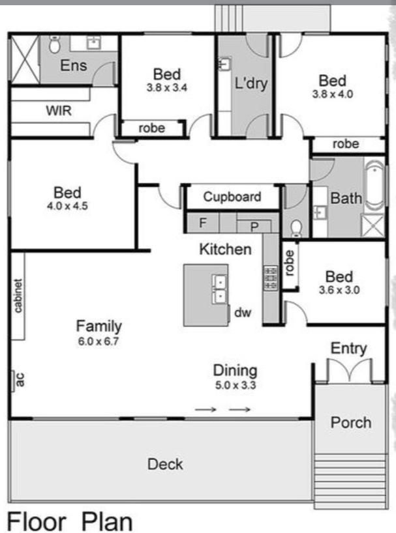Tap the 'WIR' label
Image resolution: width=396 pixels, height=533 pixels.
tap(58, 111)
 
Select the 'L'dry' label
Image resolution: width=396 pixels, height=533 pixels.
tap(251, 84)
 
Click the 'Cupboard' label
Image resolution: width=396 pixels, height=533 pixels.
tap(232, 197)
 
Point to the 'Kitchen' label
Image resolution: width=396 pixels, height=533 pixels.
tap(225, 249)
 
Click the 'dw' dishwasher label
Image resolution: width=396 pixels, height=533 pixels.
tap(243, 313)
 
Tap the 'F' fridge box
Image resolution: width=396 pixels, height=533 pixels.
tap(203, 223)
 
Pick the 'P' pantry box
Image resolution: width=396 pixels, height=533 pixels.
tap(254, 226)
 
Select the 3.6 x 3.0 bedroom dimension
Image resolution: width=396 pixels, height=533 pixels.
tap(339, 290)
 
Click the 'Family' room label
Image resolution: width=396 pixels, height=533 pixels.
tap(99, 326)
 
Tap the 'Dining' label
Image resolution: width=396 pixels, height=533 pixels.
tap(235, 370)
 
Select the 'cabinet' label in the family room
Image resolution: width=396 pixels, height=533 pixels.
tap(18, 296)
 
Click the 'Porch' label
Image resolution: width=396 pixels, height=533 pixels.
tap(350, 422)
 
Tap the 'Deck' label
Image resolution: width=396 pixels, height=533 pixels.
tap(165, 464)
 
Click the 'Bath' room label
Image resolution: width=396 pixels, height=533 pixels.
tap(346, 198)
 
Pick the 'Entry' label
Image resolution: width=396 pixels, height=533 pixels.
tap(348, 348)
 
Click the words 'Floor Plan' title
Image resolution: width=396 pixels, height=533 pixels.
tap(70, 521)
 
